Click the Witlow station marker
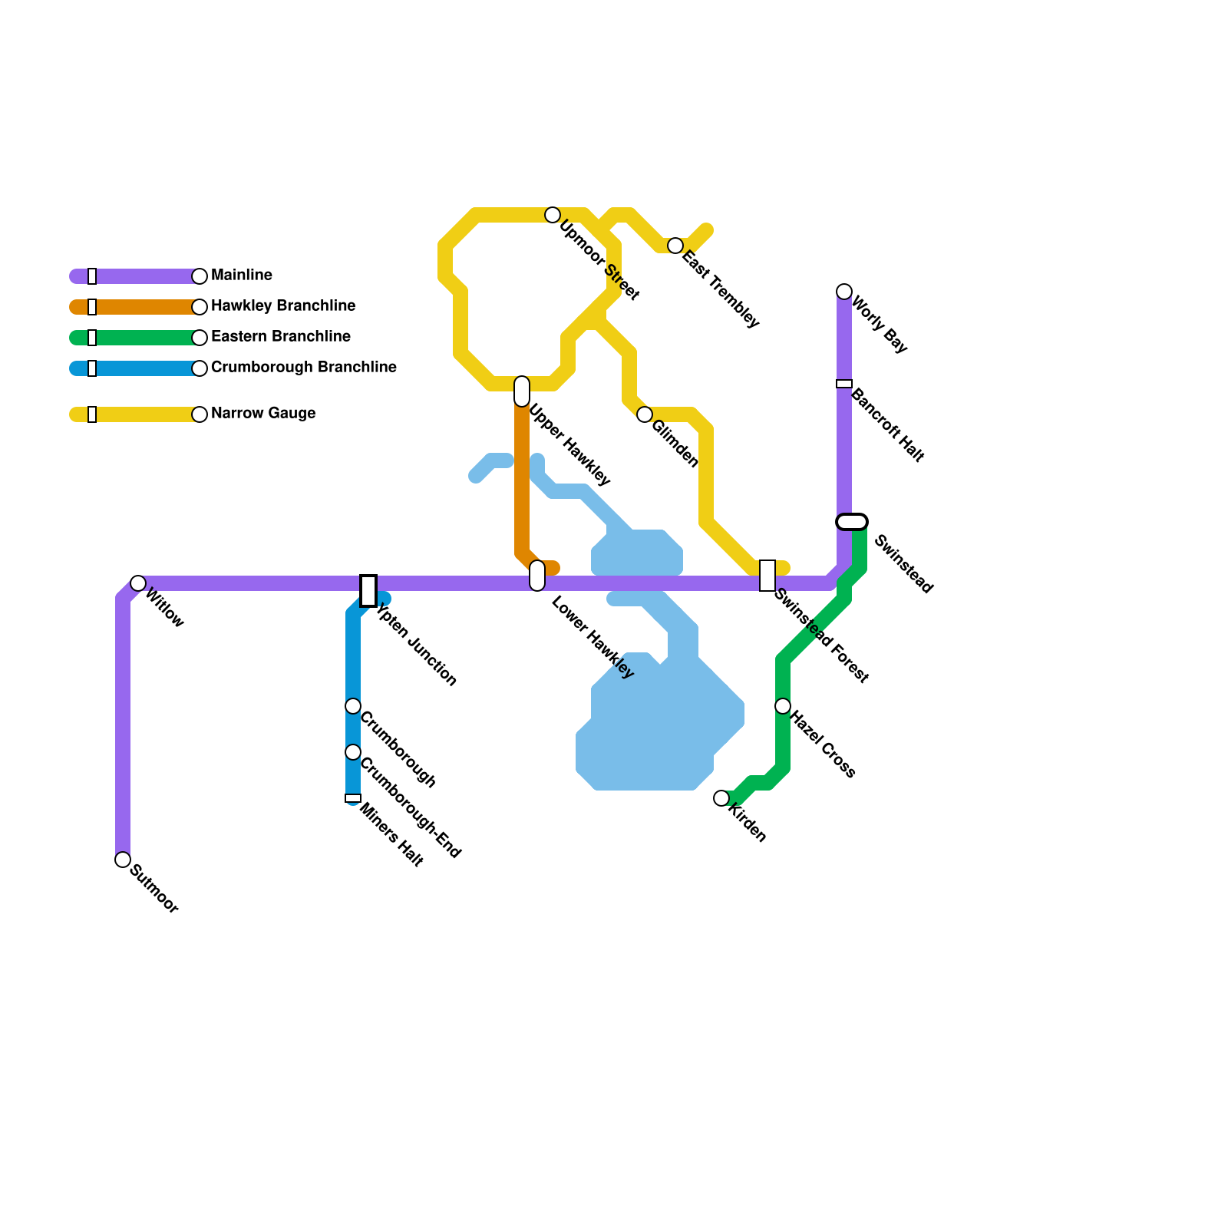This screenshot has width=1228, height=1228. pyautogui.click(x=138, y=583)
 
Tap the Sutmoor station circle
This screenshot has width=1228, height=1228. pyautogui.click(x=123, y=860)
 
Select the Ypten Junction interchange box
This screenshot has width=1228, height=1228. pyautogui.click(x=368, y=591)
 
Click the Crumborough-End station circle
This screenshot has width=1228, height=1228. pyautogui.click(x=353, y=752)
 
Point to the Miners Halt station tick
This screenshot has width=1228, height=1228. pyautogui.click(x=353, y=798)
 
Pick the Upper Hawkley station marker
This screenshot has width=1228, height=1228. pyautogui.click(x=522, y=391)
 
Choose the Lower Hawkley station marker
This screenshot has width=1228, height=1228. pyautogui.click(x=537, y=576)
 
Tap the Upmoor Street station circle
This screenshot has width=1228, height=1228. pyautogui.click(x=553, y=215)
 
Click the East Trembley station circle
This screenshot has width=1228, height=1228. pyautogui.click(x=675, y=246)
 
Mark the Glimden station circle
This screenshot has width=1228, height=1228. pyautogui.click(x=645, y=414)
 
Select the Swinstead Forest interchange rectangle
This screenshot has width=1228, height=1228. pyautogui.click(x=767, y=576)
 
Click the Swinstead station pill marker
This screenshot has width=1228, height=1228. pyautogui.click(x=852, y=522)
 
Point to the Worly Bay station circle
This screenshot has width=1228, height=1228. pyautogui.click(x=844, y=292)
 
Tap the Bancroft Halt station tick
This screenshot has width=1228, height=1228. pyautogui.click(x=844, y=384)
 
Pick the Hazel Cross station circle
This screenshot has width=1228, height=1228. pyautogui.click(x=783, y=706)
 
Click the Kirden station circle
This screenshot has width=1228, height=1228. pyautogui.click(x=721, y=798)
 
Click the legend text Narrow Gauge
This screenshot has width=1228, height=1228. pyautogui.click(x=263, y=414)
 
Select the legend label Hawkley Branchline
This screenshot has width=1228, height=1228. pyautogui.click(x=283, y=306)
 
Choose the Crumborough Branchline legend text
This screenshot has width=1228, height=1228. pyautogui.click(x=304, y=368)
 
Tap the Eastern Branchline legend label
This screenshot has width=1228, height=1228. pyautogui.click(x=281, y=337)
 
